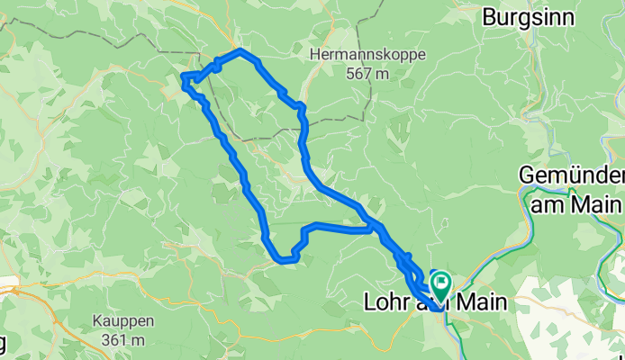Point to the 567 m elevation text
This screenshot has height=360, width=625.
[367, 74]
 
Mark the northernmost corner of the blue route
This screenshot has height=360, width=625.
[239, 51]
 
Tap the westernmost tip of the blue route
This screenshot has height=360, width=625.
[184, 79]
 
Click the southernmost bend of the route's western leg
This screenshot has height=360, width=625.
[285, 261]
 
